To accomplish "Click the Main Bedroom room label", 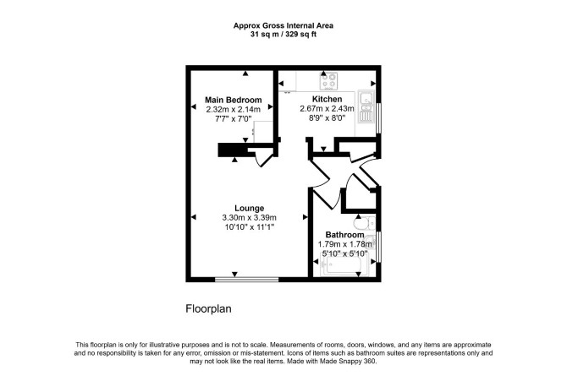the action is (234, 100).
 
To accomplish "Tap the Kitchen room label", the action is (327, 99).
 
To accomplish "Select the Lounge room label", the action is (249, 208).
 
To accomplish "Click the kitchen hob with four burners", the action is (328, 81).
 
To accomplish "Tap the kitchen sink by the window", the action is (366, 106).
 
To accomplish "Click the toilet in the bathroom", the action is (365, 224).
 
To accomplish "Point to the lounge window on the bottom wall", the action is (247, 279).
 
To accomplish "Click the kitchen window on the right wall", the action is (378, 118).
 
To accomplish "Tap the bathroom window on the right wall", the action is (378, 247).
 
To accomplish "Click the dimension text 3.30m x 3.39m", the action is (249, 217).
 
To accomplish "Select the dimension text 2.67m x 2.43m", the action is (327, 108).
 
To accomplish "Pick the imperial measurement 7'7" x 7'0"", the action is (234, 118).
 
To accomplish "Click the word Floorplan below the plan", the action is (209, 308).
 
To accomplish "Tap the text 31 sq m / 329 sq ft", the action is (283, 35).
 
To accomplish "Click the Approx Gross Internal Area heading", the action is (283, 25).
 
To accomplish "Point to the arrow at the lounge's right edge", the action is (306, 217).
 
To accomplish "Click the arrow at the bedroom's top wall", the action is (245, 74).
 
